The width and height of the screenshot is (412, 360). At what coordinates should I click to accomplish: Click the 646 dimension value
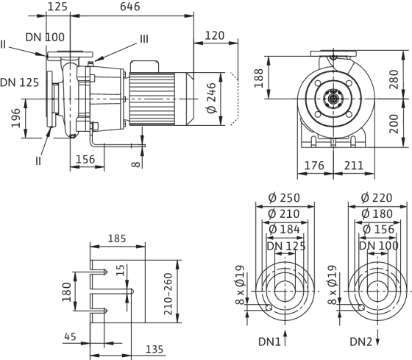point(129,7)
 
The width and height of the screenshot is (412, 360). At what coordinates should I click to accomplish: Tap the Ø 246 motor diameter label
point(212,98)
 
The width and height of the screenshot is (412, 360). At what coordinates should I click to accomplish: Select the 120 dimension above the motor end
point(214,35)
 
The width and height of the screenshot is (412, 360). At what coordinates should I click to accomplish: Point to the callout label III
point(144,39)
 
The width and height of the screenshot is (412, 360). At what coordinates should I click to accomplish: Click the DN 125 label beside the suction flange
point(19,82)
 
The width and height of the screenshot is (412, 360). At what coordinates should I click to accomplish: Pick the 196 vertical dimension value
point(15,118)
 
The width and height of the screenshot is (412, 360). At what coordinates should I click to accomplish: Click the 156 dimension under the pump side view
point(85,159)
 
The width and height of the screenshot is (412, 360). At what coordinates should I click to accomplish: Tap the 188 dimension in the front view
point(259,78)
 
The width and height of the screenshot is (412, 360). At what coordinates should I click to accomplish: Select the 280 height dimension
point(394,80)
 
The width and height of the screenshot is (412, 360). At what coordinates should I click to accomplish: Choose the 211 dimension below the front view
point(354,166)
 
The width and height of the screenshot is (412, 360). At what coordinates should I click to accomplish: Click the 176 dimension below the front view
point(314,166)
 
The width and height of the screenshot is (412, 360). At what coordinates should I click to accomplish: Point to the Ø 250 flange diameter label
point(284,198)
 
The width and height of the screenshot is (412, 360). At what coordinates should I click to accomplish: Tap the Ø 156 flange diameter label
point(378,230)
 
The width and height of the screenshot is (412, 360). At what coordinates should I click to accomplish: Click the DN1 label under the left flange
point(269,342)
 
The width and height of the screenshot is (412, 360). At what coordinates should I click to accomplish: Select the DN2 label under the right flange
point(361,342)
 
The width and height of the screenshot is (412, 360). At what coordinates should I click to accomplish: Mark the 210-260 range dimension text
point(168,294)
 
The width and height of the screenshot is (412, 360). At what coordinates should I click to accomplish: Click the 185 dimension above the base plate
point(117,239)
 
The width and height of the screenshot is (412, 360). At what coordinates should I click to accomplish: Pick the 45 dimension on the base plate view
point(70,336)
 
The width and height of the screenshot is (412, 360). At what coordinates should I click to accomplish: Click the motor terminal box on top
point(144,66)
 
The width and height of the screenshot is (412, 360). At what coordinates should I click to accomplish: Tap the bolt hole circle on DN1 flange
point(269,307)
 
